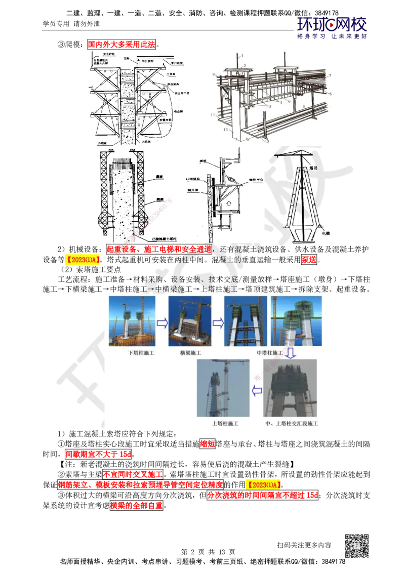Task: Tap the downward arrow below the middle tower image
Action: pyautogui.click(x=291, y=353)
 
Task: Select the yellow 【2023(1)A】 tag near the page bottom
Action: pyautogui.click(x=264, y=484)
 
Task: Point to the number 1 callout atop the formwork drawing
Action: pyautogui.click(x=242, y=55)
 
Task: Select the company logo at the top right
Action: pyautogui.click(x=332, y=27)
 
